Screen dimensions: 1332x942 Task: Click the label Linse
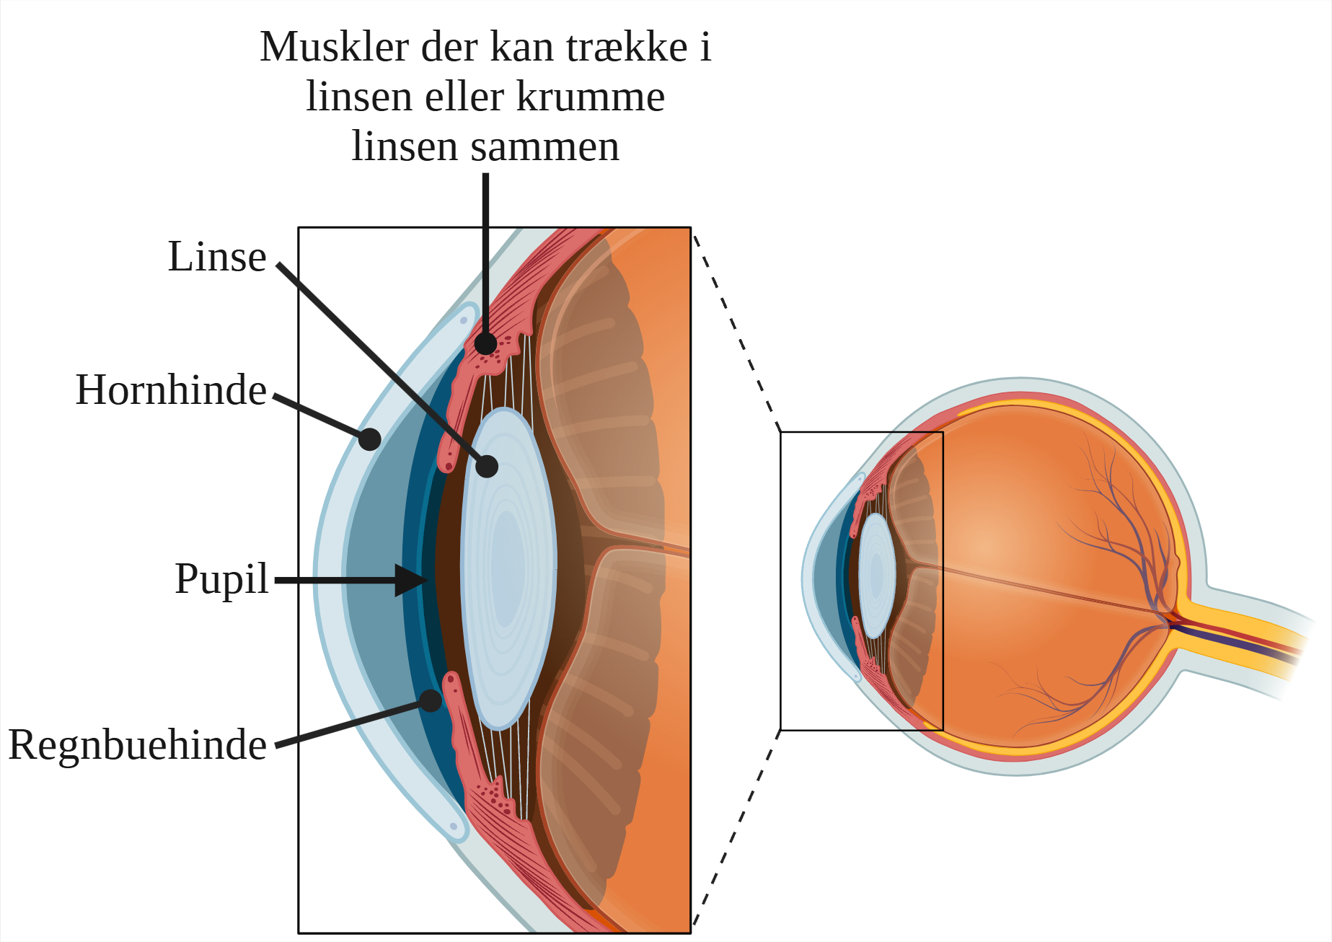217,257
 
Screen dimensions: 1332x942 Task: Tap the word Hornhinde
171,390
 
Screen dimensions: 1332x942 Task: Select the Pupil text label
221,579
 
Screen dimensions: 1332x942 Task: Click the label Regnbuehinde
137,745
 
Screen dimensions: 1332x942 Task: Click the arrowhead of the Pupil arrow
413,580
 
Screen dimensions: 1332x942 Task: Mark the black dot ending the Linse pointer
487,466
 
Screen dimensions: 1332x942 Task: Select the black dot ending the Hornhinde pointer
369,439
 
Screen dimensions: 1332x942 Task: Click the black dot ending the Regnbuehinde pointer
431,700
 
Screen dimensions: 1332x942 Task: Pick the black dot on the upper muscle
486,343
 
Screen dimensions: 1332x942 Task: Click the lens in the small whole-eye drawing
877,576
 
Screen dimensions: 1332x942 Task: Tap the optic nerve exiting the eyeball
1240,635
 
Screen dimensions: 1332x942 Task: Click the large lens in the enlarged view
508,568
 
